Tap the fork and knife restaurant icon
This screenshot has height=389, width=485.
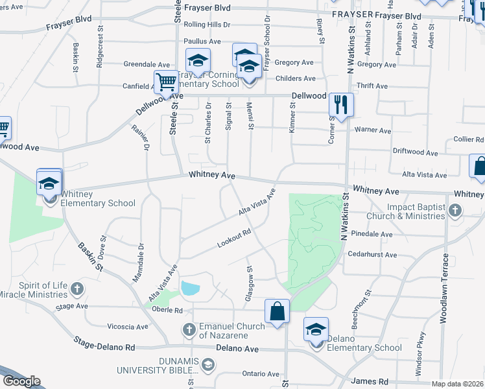tap(340, 104)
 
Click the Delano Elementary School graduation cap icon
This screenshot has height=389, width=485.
tap(316, 330)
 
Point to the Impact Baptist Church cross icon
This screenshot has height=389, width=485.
tap(455, 210)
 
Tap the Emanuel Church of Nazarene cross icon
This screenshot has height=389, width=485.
tap(189, 330)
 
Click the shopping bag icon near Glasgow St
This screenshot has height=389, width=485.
tap(277, 311)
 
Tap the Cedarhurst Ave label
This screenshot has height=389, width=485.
tap(372, 255)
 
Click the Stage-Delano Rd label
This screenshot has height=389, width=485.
tap(104, 343)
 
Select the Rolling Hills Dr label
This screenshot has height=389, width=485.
tap(207, 25)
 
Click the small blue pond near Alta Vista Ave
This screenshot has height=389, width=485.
tap(191, 288)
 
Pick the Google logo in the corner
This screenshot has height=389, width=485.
tap(21, 381)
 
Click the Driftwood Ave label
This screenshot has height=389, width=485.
tap(418, 152)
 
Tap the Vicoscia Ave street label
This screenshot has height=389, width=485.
tap(128, 327)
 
